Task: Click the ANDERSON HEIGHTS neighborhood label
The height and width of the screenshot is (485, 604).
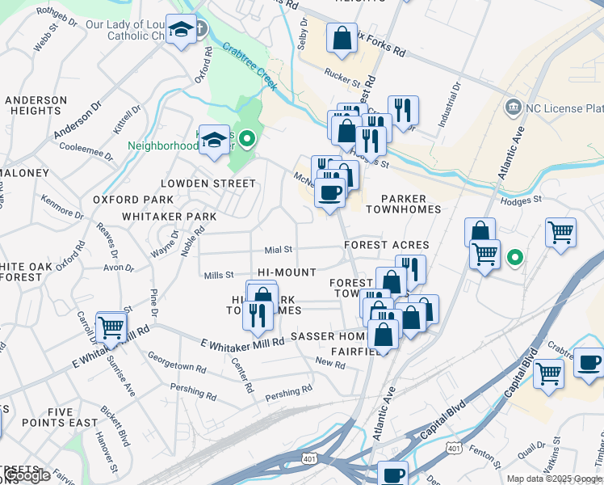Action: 36,106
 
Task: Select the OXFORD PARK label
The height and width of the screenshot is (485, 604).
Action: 133,200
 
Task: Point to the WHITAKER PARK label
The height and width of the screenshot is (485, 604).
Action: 170,217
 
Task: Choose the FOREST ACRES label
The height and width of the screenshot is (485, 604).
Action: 387,245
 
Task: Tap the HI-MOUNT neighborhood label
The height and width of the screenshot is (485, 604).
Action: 287,273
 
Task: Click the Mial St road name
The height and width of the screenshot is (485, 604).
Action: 278,250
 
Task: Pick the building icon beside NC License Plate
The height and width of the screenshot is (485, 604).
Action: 511,108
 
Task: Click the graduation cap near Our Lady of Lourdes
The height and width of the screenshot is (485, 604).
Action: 181,31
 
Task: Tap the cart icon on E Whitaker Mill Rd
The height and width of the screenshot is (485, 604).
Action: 111,327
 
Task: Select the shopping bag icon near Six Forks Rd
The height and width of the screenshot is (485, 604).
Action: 342,37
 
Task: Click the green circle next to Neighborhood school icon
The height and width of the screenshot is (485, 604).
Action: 249,137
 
